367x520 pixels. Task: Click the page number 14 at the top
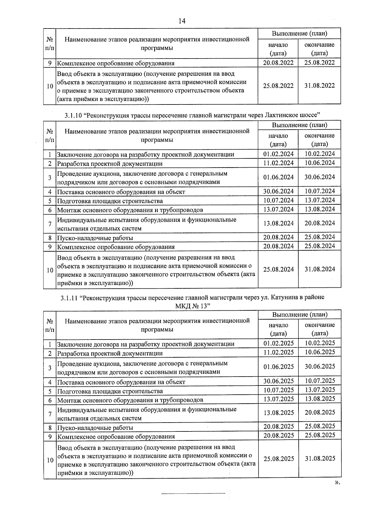(182, 21)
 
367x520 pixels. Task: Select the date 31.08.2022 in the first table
(320, 86)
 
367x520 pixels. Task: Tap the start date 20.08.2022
(278, 63)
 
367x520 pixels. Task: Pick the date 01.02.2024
(278, 154)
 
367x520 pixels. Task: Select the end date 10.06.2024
(320, 163)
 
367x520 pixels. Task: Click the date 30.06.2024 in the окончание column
(320, 177)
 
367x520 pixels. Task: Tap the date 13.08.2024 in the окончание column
(320, 209)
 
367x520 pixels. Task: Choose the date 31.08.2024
(320, 269)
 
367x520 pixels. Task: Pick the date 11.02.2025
(278, 352)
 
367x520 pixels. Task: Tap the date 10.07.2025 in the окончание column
(320, 381)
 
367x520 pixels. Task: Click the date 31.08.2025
(320, 458)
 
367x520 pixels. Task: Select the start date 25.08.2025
(278, 459)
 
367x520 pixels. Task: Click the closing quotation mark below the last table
(337, 483)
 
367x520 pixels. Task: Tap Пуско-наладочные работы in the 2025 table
(95, 427)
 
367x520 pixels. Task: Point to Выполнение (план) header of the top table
(299, 33)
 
